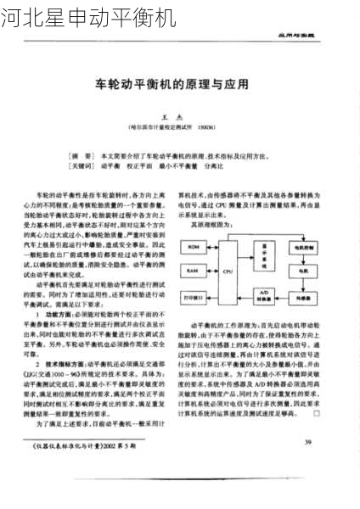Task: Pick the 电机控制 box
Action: (x=302, y=247)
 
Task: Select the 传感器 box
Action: (x=302, y=297)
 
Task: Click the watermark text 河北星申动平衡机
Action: (x=87, y=16)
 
